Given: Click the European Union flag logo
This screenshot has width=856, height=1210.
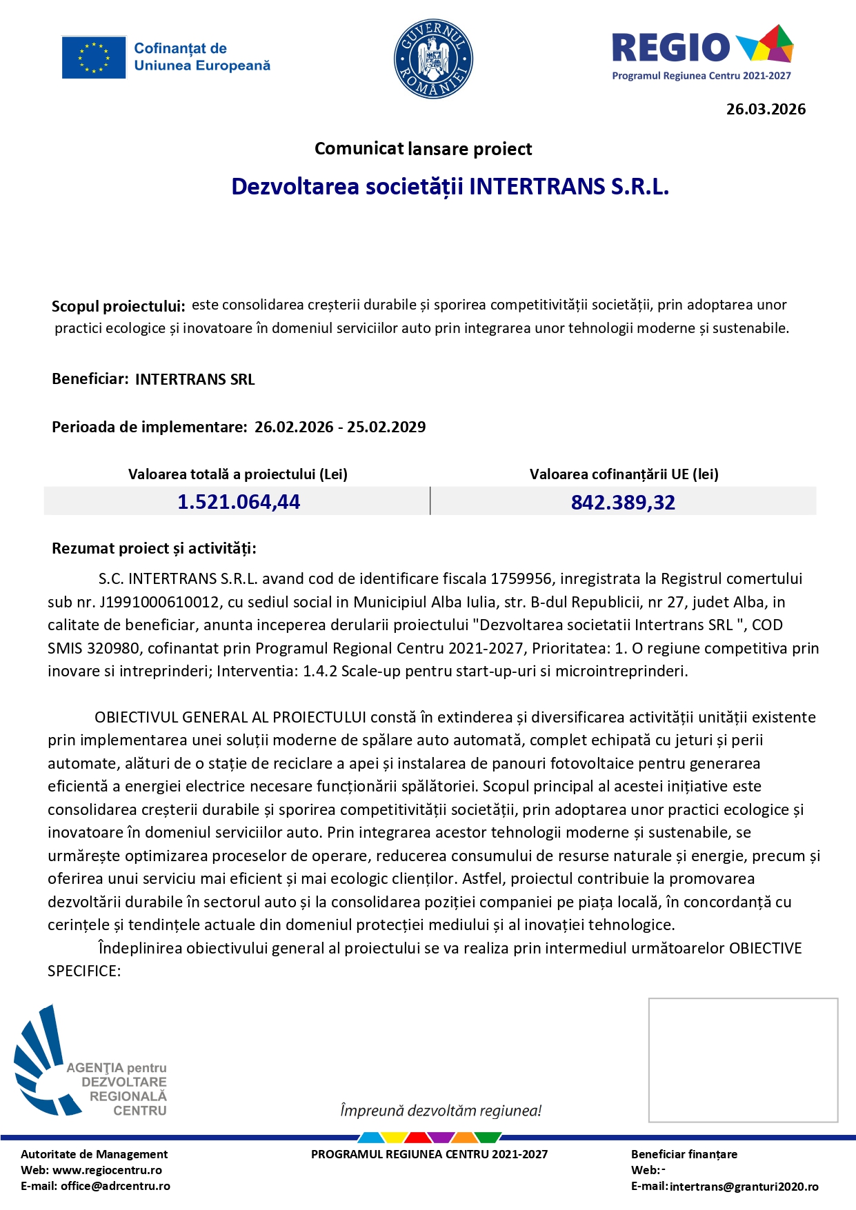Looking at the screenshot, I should (94, 57).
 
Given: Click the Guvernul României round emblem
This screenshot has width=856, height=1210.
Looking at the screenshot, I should (433, 59).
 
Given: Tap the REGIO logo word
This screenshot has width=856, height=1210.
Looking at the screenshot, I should (670, 48).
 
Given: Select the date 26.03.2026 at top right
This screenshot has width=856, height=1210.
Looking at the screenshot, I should (766, 109).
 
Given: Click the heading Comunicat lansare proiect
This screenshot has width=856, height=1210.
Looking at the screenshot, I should (423, 149).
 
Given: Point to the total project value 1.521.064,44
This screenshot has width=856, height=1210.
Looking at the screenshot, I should (239, 502).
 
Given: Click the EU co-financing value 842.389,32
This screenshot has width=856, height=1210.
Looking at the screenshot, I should (623, 503).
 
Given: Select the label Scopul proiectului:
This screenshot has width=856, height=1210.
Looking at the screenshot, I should (118, 306).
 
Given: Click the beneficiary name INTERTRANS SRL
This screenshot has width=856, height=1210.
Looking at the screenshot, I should (195, 379).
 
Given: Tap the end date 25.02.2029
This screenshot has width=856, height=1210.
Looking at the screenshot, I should (386, 427).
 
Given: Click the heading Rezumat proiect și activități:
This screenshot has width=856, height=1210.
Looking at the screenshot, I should (154, 549).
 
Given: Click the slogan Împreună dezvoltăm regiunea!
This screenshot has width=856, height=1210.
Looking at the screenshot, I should (441, 1111).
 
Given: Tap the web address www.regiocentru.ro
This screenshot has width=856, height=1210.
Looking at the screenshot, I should (107, 1170).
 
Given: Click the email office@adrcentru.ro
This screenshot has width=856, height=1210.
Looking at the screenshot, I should (115, 1186).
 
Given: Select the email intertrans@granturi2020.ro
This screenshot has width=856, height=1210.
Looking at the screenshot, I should (744, 1187).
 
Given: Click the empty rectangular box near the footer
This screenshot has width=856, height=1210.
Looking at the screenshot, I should (743, 1060).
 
